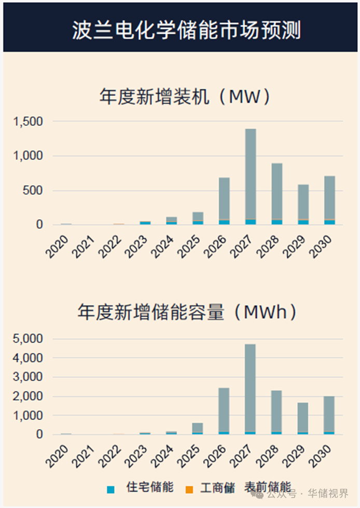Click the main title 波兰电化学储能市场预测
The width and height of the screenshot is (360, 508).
[186, 30]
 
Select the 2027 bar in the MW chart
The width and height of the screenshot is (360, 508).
[251, 176]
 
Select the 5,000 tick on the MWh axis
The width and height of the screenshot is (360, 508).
[27, 339]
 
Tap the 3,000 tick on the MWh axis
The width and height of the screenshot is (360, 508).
[27, 377]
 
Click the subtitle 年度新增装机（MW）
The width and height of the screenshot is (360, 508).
[185, 97]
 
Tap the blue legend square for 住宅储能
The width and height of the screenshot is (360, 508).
[110, 489]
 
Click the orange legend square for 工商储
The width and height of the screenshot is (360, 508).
[189, 489]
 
